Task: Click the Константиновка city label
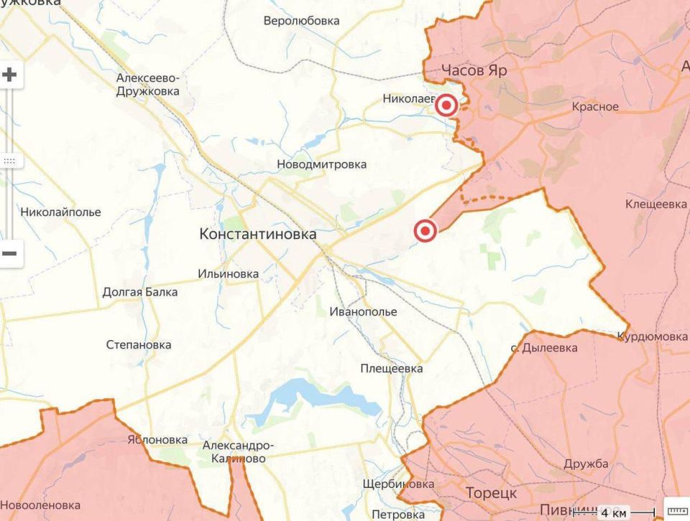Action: [257, 234]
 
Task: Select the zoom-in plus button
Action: [9, 75]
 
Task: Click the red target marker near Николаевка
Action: [447, 106]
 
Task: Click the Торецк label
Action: [491, 494]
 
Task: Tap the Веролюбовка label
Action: [301, 21]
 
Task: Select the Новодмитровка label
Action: [321, 164]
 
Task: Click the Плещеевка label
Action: [392, 369]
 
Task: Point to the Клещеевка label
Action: [655, 205]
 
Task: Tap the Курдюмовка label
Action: [652, 337]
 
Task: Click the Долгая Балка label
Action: [139, 292]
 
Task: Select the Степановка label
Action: [139, 345]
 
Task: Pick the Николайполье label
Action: [60, 212]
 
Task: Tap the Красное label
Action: [595, 107]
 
